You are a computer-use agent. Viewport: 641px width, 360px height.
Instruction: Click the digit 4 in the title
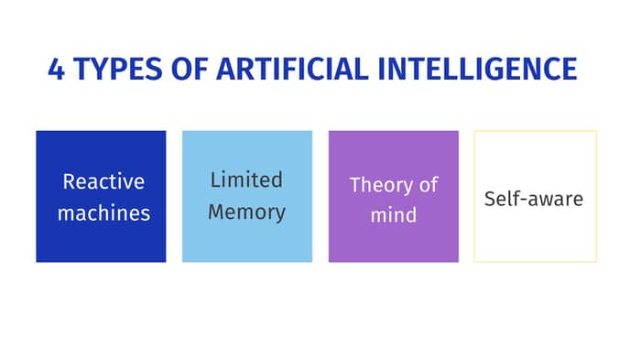click(x=57, y=69)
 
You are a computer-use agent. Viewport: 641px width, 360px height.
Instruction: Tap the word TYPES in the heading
click(x=118, y=69)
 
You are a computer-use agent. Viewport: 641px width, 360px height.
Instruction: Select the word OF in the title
click(x=190, y=69)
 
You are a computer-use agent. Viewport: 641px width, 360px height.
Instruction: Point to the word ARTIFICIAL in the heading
click(x=293, y=69)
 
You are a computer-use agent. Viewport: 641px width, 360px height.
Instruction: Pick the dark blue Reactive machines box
click(x=101, y=196)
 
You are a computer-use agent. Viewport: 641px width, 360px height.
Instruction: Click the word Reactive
click(x=103, y=181)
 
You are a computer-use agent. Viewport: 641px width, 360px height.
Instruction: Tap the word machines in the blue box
click(x=103, y=213)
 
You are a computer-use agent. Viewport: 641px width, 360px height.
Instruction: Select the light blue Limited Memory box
click(x=247, y=196)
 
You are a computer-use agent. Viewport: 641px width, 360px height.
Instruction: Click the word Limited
click(x=246, y=180)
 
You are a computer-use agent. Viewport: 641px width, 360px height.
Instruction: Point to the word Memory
click(x=246, y=213)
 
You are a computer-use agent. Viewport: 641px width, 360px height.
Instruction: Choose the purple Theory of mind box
click(x=394, y=196)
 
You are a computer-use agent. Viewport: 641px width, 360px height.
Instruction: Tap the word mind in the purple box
click(x=394, y=214)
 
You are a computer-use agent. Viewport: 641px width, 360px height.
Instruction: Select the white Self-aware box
click(x=536, y=196)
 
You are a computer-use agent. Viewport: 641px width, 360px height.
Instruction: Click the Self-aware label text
click(x=534, y=199)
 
